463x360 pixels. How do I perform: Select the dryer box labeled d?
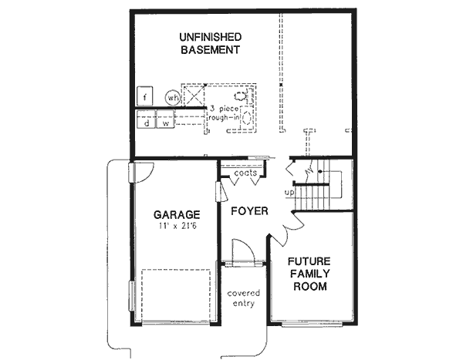[144, 122]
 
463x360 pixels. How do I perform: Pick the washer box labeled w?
[166, 122]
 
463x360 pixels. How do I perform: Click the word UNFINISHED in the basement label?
[211, 36]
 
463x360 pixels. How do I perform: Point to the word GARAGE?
[177, 214]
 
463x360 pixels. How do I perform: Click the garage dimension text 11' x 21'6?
[177, 227]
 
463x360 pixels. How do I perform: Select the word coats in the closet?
[245, 173]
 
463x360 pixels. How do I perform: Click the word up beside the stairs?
[289, 192]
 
